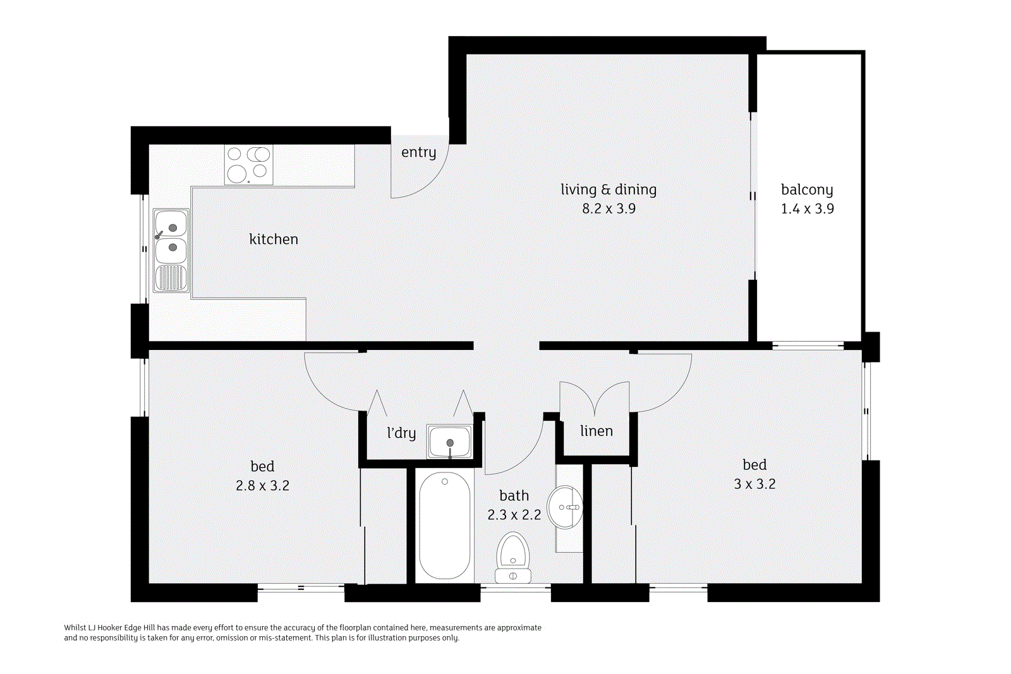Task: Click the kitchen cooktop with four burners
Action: click(248, 164)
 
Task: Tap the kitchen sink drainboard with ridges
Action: click(171, 278)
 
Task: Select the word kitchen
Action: click(273, 239)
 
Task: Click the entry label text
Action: click(418, 152)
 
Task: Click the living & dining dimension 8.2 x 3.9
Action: click(608, 208)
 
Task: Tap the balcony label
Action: click(807, 190)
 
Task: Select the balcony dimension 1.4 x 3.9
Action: click(807, 208)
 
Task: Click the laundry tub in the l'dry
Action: click(449, 441)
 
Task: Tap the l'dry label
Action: click(401, 433)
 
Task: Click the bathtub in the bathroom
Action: click(444, 526)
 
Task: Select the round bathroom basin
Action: click(564, 507)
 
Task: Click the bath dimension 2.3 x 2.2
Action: click(514, 515)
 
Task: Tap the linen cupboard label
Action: click(596, 431)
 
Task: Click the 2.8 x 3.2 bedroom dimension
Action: click(262, 485)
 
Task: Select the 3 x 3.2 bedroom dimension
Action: click(754, 484)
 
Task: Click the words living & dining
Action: click(608, 190)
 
